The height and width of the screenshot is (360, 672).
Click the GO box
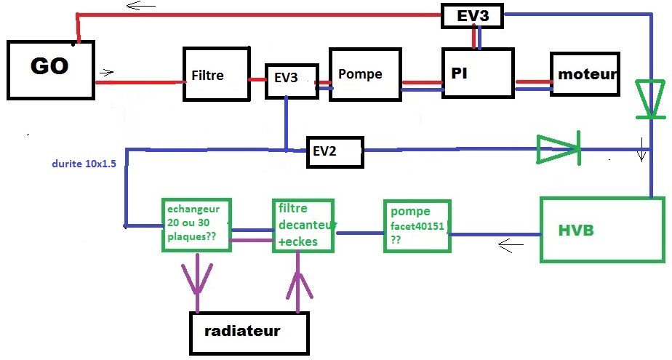(x=50, y=69)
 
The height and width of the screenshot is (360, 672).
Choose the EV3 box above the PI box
(x=473, y=15)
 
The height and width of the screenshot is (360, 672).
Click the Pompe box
(x=364, y=75)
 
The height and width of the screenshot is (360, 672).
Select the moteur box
(x=585, y=74)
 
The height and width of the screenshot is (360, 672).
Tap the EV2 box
(x=334, y=152)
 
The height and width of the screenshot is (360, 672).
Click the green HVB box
(x=601, y=229)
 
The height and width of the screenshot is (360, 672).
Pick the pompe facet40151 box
(x=417, y=226)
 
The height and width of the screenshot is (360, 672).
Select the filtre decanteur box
(x=303, y=225)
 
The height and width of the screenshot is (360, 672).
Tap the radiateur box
(x=249, y=332)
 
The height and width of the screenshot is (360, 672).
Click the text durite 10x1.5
(x=84, y=164)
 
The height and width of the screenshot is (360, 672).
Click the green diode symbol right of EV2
(x=559, y=149)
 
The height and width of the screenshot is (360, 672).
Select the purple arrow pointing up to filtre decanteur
(x=298, y=284)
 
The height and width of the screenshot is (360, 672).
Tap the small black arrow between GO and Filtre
(x=107, y=72)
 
